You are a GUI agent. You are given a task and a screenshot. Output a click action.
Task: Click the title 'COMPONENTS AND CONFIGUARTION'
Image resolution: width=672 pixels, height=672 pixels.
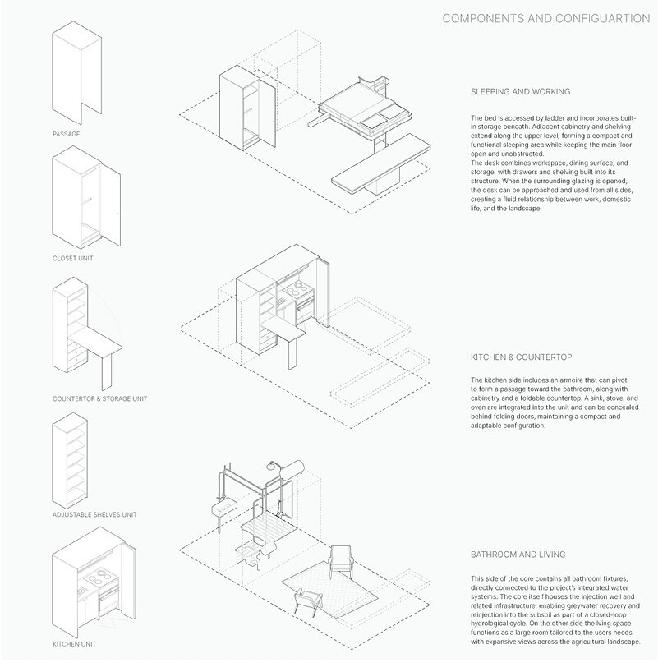tap(545, 18)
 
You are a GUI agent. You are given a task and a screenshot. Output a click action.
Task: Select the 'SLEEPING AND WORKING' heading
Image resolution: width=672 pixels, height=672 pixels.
tap(520, 91)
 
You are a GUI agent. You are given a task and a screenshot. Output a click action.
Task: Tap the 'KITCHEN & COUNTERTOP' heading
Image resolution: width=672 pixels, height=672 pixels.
tap(521, 358)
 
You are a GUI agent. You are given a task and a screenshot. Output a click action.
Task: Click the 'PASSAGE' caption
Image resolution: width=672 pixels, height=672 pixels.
tap(66, 133)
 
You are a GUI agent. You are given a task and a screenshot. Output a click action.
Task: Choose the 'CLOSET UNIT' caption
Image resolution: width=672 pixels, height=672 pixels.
tap(74, 259)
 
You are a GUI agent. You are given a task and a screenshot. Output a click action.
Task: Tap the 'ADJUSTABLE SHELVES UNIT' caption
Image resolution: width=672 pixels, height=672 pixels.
tap(94, 515)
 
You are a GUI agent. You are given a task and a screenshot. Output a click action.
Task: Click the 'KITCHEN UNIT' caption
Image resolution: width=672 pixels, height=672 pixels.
tap(74, 644)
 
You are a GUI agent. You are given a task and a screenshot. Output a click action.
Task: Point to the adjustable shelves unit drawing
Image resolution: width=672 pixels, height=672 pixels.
tap(74, 464)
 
